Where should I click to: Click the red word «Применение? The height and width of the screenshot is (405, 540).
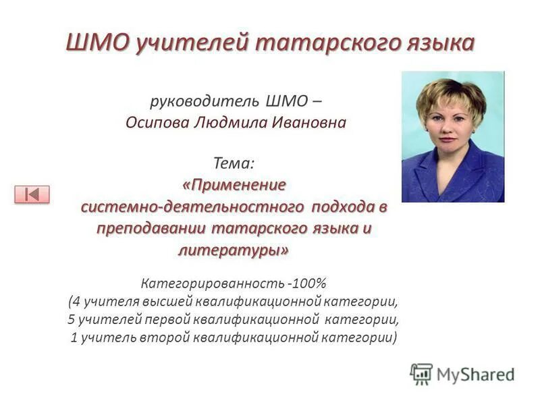pyautogui.click(x=234, y=184)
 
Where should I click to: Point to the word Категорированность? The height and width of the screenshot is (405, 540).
pyautogui.click(x=213, y=283)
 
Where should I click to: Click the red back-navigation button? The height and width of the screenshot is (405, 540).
pyautogui.click(x=32, y=194)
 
